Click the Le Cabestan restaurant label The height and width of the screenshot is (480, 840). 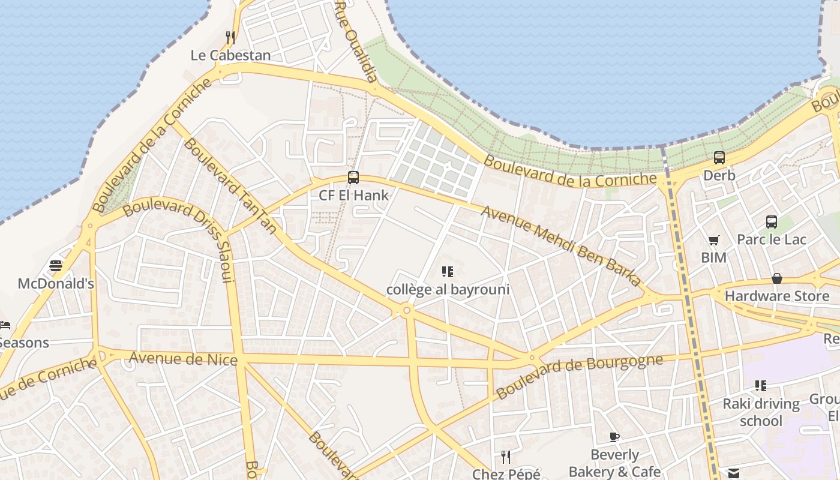pos(230,55)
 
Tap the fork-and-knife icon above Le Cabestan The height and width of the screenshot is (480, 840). pos(230,37)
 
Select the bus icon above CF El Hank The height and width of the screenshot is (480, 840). pos(353,178)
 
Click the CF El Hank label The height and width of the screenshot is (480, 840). pos(353,195)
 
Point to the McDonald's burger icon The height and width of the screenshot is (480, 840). pos(56,266)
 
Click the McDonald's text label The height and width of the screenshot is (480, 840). pos(56,283)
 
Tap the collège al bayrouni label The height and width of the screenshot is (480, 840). pos(448,290)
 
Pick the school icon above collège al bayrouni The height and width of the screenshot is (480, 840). pos(447,272)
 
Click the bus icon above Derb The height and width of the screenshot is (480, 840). pos(719,158)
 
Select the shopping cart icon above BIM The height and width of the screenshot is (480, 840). pos(713,241)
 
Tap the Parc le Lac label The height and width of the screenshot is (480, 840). pos(772,239)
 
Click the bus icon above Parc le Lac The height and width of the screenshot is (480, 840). pos(772,222)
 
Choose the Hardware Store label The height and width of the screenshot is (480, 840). pos(777,296)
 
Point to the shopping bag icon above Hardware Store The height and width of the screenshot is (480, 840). pos(777,278)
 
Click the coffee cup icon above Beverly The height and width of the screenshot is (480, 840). pos(614,437)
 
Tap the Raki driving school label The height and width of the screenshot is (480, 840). pos(761,412)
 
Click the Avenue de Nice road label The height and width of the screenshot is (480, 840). pos(184,359)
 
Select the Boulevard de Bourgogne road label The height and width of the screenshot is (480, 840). pos(580,376)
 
